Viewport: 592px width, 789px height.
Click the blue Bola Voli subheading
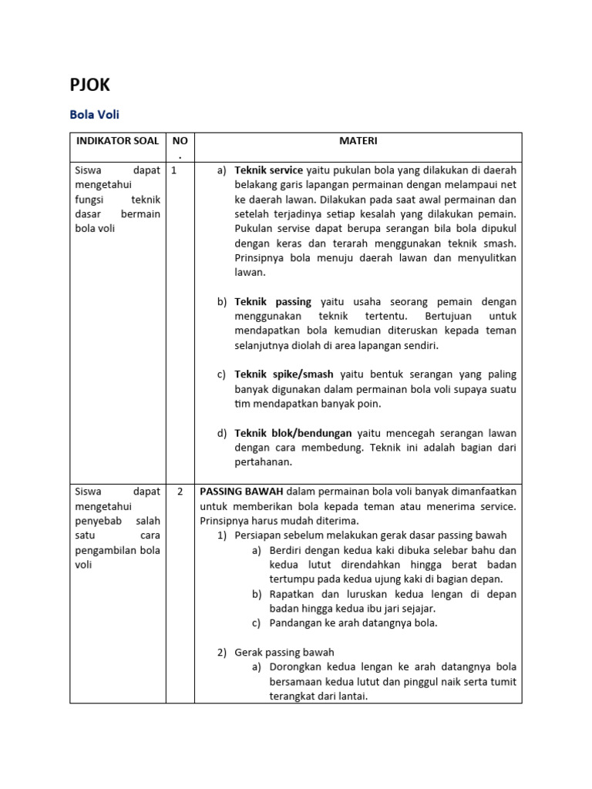pyautogui.click(x=94, y=115)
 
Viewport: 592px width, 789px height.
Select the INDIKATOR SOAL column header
pyautogui.click(x=118, y=141)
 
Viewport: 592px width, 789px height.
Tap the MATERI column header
pyautogui.click(x=358, y=141)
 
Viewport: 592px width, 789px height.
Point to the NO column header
pyautogui.click(x=180, y=142)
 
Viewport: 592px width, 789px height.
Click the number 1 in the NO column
pyautogui.click(x=174, y=170)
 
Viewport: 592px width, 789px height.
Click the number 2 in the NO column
pyautogui.click(x=180, y=492)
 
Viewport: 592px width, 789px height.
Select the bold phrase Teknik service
pyautogui.click(x=268, y=170)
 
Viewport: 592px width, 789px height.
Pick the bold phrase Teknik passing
pyautogui.click(x=273, y=302)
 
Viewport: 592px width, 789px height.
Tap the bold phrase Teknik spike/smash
pyautogui.click(x=284, y=374)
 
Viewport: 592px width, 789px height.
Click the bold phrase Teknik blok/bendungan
pyautogui.click(x=293, y=433)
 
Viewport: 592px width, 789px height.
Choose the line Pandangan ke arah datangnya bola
pyautogui.click(x=353, y=623)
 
